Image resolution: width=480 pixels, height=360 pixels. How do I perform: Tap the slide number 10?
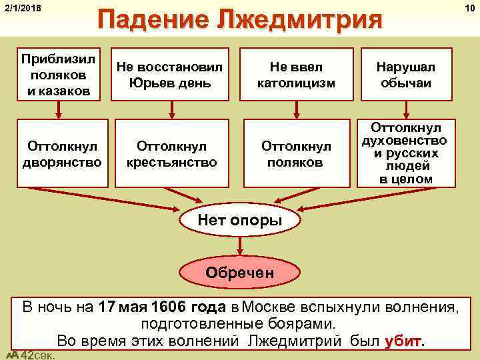pos(471,7)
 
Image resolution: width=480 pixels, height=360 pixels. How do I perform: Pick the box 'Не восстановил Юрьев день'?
pos(173,74)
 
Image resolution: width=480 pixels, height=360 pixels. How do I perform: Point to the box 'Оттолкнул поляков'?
pos(296,153)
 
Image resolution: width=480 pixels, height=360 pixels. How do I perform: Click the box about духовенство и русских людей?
pos(409,153)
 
